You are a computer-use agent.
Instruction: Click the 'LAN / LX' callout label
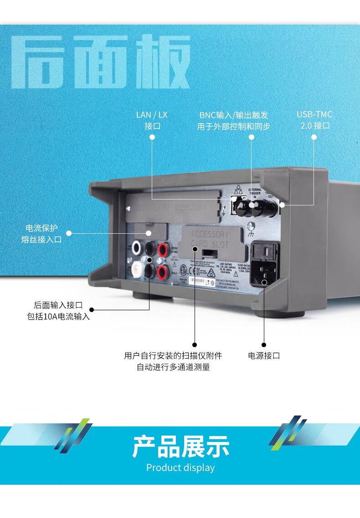152,115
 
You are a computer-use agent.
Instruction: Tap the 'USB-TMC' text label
314,114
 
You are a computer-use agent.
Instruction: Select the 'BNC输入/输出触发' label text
234,115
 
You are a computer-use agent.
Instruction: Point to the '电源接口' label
264,356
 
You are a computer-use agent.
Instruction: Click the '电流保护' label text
41,227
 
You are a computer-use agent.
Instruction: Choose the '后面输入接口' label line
58,305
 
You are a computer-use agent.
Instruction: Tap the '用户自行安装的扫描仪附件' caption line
173,356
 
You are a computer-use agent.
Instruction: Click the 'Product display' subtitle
180,467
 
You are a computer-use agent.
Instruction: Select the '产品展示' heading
180,446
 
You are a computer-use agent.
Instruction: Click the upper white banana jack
136,248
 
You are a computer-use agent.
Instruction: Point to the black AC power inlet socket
264,273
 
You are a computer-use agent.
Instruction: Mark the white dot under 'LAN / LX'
152,137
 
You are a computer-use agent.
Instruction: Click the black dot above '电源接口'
264,344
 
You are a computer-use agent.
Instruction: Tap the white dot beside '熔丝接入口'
69,233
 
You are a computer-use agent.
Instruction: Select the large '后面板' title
100,62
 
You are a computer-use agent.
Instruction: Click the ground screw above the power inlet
250,226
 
